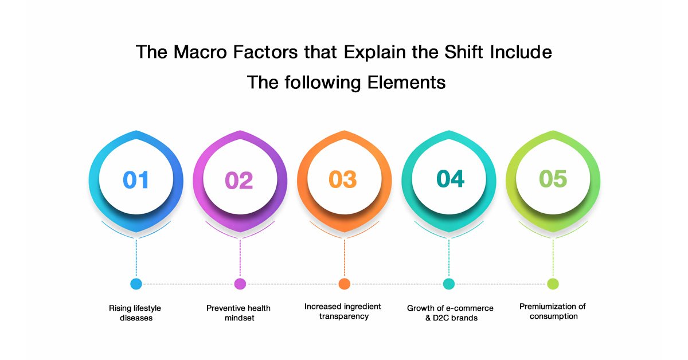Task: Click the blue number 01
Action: pyautogui.click(x=136, y=179)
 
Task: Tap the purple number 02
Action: pyautogui.click(x=239, y=180)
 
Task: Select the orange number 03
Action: pyautogui.click(x=343, y=179)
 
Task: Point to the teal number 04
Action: pyautogui.click(x=450, y=178)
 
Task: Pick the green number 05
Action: pyautogui.click(x=553, y=178)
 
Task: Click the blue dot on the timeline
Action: pyautogui.click(x=136, y=284)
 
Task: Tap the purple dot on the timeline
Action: pyautogui.click(x=240, y=284)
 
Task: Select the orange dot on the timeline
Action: pyautogui.click(x=345, y=284)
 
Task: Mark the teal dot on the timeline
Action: pyautogui.click(x=449, y=284)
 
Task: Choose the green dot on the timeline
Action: pyautogui.click(x=553, y=284)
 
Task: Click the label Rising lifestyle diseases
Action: pyautogui.click(x=135, y=313)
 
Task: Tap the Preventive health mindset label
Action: pyautogui.click(x=239, y=313)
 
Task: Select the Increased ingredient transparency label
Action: pyautogui.click(x=343, y=311)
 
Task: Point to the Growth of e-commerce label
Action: pyautogui.click(x=450, y=308)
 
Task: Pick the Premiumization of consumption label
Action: pyautogui.click(x=553, y=311)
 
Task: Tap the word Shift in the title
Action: pyautogui.click(x=463, y=52)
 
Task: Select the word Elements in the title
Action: pyautogui.click(x=406, y=83)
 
